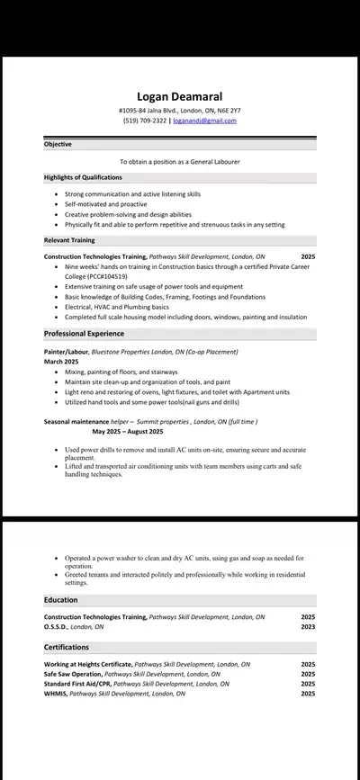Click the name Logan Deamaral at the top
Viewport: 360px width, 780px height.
click(179, 96)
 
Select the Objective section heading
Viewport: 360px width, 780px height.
click(58, 144)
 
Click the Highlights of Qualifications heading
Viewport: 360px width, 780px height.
click(83, 177)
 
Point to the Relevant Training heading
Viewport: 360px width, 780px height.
click(69, 240)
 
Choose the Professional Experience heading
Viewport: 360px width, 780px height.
click(85, 334)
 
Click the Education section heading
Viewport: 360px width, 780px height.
click(60, 600)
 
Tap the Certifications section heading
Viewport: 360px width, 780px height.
click(67, 647)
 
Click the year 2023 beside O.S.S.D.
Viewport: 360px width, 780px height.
click(308, 626)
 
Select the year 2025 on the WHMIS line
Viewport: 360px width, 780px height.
click(308, 694)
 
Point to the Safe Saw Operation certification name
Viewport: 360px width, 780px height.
click(73, 674)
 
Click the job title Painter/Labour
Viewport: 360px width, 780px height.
click(67, 352)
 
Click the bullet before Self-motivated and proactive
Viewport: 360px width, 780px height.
click(58, 204)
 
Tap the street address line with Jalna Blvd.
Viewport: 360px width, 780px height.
click(179, 111)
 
